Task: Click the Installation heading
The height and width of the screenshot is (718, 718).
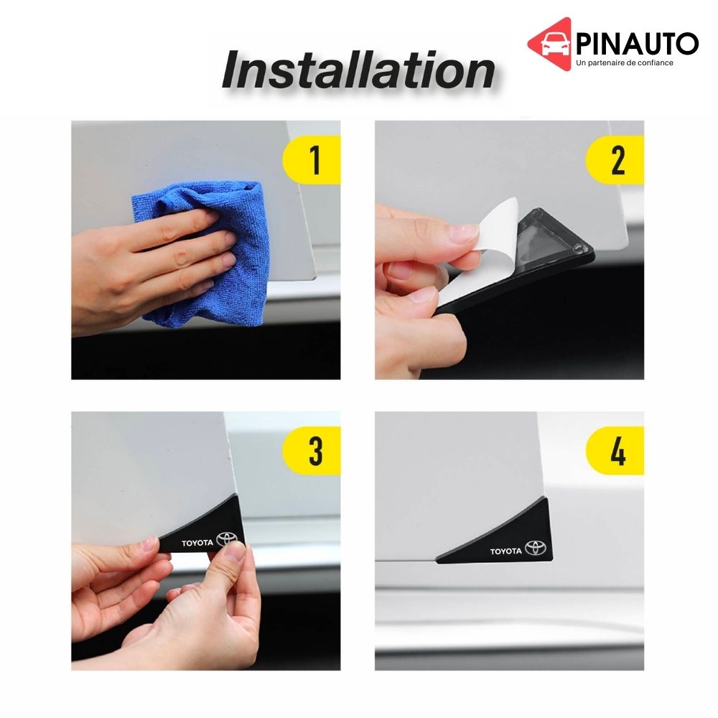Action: (358, 70)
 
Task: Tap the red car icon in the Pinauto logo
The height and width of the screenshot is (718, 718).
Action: (551, 45)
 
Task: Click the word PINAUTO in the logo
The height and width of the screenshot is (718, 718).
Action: (637, 44)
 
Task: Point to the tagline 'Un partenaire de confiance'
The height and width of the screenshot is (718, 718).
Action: (625, 62)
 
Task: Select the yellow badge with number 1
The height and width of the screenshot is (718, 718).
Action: (312, 160)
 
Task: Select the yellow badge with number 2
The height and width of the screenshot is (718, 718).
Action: (615, 160)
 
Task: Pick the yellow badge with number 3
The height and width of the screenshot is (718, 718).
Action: (312, 451)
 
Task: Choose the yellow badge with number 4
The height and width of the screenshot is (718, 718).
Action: (615, 451)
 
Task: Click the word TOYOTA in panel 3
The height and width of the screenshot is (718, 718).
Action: (197, 543)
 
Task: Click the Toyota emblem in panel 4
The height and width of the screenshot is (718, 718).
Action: (536, 548)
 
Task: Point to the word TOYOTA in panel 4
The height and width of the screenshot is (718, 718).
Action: (506, 551)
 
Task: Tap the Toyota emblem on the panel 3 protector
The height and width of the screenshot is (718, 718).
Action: (227, 539)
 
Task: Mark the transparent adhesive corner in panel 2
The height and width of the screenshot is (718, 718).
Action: (549, 241)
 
